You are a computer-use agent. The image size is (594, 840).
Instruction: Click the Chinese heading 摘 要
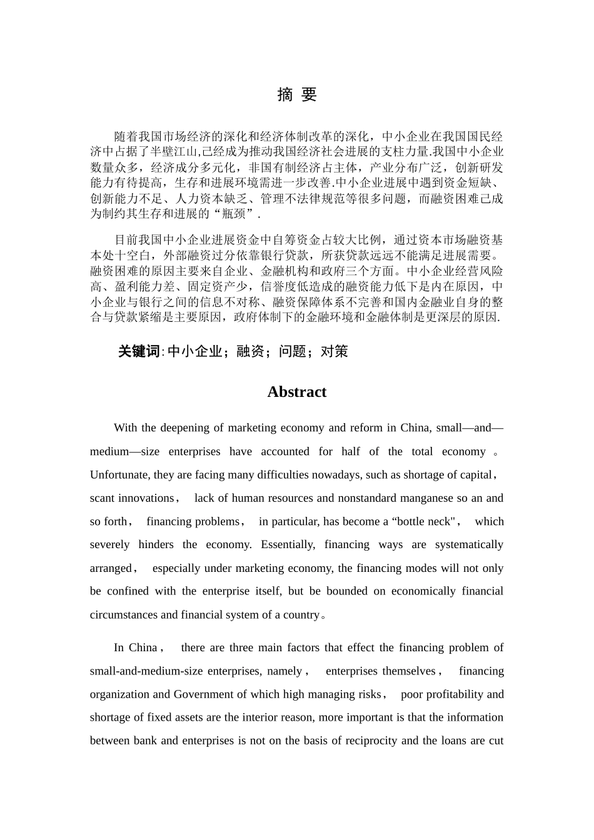click(x=297, y=95)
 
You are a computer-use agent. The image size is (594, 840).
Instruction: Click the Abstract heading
click(x=297, y=392)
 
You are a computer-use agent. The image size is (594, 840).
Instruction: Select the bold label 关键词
click(x=139, y=352)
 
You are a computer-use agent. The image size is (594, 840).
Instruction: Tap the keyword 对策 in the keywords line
click(x=335, y=352)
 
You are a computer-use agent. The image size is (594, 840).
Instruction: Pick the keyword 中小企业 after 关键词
click(x=196, y=352)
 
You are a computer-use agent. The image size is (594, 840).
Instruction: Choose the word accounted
click(x=284, y=452)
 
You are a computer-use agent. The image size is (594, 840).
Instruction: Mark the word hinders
click(x=156, y=545)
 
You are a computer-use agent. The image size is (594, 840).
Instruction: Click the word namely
click(x=284, y=671)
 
